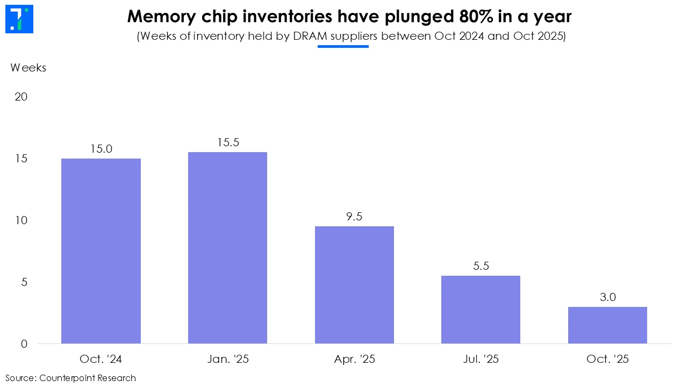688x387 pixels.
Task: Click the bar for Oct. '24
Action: coord(101,251)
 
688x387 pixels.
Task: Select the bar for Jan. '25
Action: coord(227,248)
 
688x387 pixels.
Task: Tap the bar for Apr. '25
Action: coord(354,285)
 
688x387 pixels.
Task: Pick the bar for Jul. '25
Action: coord(481,310)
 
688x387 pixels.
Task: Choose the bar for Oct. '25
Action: coord(607,325)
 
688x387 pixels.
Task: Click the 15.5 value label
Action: coord(227,142)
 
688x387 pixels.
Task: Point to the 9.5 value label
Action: coord(354,217)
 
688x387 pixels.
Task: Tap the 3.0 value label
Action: coord(607,297)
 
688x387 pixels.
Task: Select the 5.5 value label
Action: coord(481,266)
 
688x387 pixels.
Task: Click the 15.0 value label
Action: coord(101,149)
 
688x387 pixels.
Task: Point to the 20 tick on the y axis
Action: coord(21,97)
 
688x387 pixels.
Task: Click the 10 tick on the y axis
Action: coord(21,220)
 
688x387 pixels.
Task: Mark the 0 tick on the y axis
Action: coord(24,344)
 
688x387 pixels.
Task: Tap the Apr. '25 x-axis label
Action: coord(354,359)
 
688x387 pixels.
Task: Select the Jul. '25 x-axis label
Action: coord(481,359)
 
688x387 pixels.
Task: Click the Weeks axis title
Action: coord(28,68)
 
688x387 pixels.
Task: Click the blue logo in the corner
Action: coord(18,19)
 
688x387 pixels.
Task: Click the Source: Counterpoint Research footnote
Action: coord(70,378)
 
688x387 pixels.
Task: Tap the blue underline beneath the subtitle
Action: coord(343,47)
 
